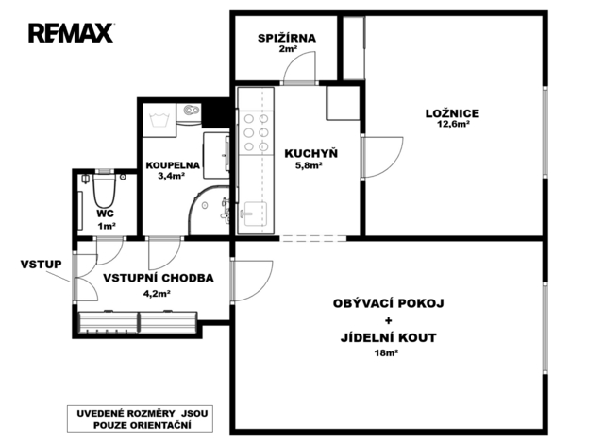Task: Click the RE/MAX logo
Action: point(71,33)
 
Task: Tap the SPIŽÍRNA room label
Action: point(287,38)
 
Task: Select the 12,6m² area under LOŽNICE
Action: point(453,124)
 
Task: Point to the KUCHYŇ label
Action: point(310,153)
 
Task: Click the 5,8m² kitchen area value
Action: point(309,165)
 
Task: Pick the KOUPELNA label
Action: point(173,165)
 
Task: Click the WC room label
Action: point(105,214)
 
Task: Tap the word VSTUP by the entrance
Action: point(41,265)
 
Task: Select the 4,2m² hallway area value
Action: point(158,294)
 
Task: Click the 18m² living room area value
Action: point(386,352)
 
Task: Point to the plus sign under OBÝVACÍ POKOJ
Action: point(388,320)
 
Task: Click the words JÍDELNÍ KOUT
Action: point(388,338)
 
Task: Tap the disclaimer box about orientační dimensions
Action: point(140,419)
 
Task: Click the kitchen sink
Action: point(253,214)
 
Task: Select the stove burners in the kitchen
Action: point(256,132)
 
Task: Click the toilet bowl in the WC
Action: point(104,191)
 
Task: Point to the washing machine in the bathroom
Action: point(159,120)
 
